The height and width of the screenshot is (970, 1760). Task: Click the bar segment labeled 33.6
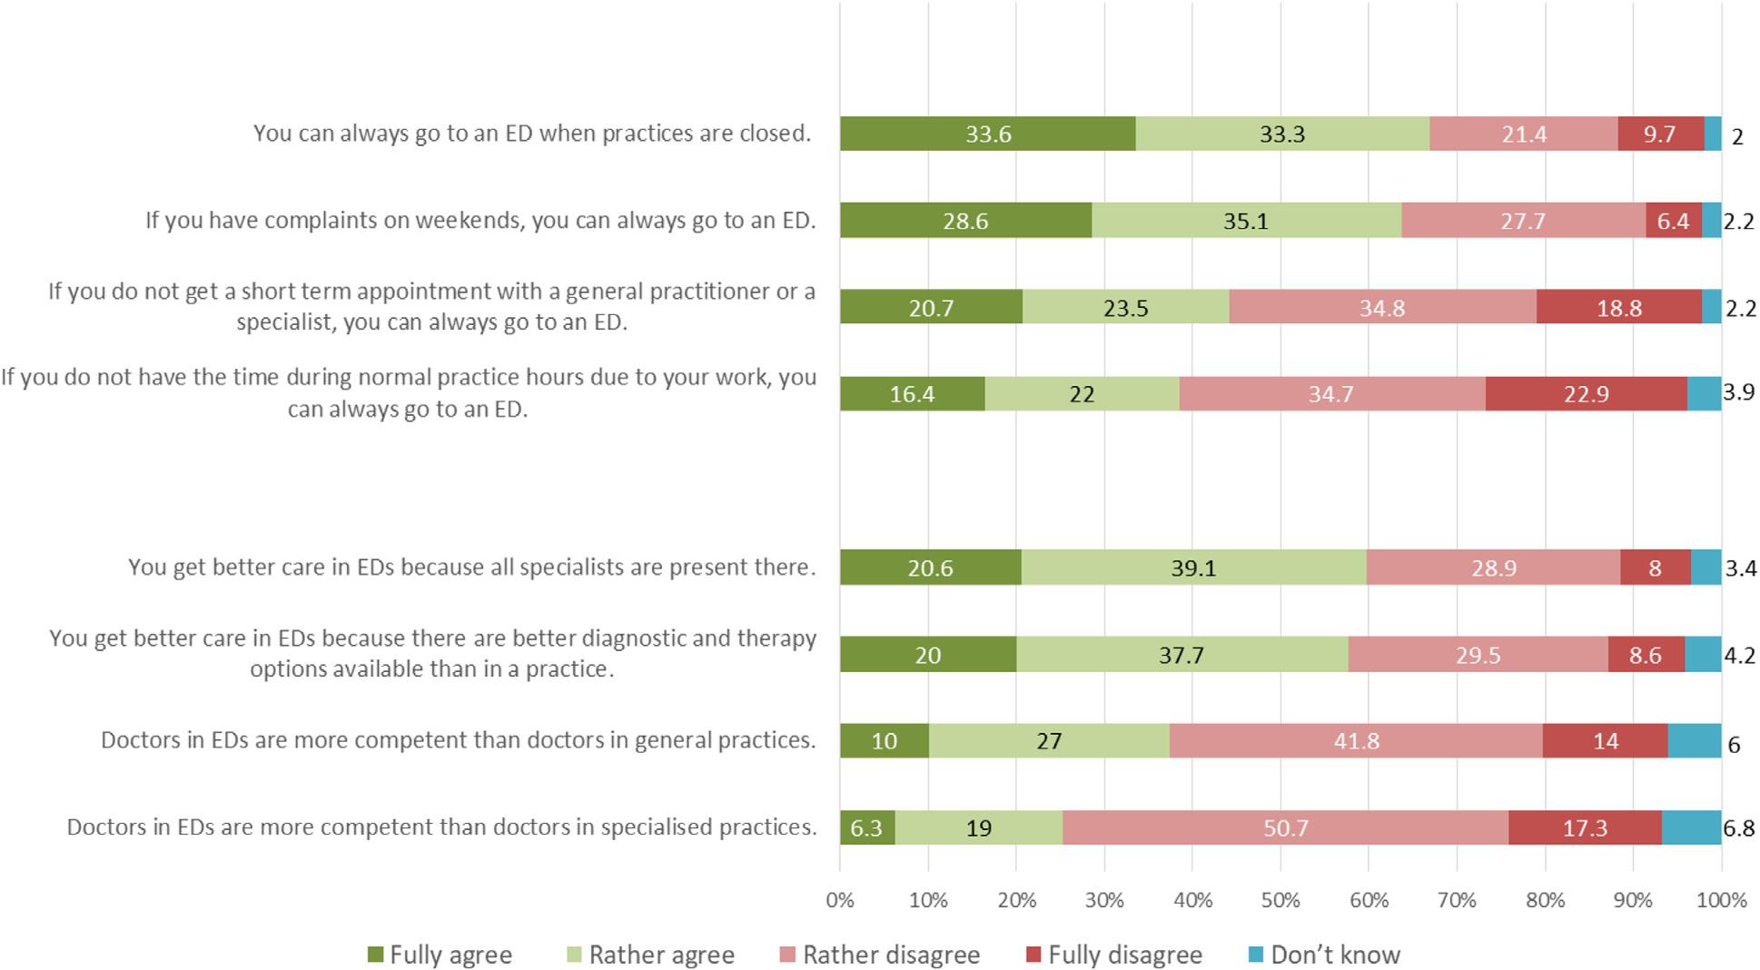tap(987, 134)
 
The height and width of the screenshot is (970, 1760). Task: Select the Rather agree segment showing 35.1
tap(1245, 221)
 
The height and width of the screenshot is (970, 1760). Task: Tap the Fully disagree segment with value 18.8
tap(1618, 308)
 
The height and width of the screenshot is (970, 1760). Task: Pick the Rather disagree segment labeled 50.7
tap(1285, 827)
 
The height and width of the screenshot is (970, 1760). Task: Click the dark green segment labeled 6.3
tap(866, 827)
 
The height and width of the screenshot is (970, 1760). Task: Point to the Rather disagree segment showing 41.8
tap(1356, 741)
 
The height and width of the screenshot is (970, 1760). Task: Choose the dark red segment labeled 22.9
tap(1586, 393)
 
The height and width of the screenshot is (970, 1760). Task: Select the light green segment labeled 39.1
tap(1192, 568)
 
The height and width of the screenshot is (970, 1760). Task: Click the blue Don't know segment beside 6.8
tap(1691, 827)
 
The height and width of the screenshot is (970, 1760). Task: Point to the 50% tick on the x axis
tap(1280, 900)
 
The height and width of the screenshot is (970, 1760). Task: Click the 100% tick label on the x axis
tap(1721, 900)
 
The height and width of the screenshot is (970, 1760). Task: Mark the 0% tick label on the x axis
tap(840, 900)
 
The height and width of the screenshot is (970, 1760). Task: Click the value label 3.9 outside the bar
tap(1738, 391)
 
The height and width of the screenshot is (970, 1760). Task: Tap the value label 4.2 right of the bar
tap(1739, 655)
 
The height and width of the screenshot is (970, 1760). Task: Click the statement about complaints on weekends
tap(480, 221)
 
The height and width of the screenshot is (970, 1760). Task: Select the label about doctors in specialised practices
tap(441, 827)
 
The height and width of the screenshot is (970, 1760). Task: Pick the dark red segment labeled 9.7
tap(1659, 134)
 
